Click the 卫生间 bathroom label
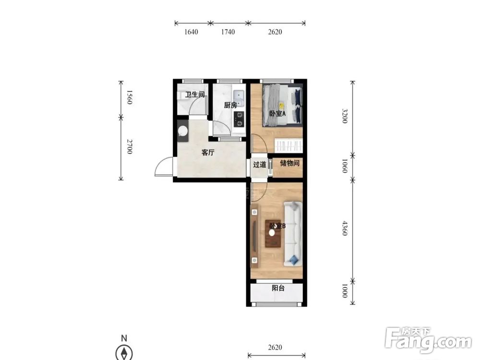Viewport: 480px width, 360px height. pyautogui.click(x=195, y=95)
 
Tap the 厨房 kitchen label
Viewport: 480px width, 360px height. pyautogui.click(x=230, y=106)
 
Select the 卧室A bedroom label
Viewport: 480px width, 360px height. pyautogui.click(x=277, y=114)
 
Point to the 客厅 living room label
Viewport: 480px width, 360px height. pyautogui.click(x=208, y=153)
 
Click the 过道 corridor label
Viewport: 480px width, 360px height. pyautogui.click(x=260, y=165)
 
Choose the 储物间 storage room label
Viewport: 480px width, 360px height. pyautogui.click(x=289, y=163)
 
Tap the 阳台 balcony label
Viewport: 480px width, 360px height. pyautogui.click(x=278, y=288)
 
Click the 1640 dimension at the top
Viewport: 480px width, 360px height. pyautogui.click(x=191, y=32)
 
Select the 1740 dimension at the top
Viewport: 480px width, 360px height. pyautogui.click(x=228, y=32)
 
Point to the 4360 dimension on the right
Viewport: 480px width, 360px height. pyautogui.click(x=345, y=228)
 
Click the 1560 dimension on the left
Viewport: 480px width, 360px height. pyautogui.click(x=129, y=97)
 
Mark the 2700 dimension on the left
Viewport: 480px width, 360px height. pyautogui.click(x=129, y=146)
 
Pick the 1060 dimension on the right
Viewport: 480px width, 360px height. pyautogui.click(x=345, y=166)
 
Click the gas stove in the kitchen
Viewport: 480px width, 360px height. pyautogui.click(x=239, y=120)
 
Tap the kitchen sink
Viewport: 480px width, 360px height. pyautogui.click(x=239, y=97)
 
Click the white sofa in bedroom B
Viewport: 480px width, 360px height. pyautogui.click(x=293, y=234)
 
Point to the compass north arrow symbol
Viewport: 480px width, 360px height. pyautogui.click(x=124, y=353)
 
